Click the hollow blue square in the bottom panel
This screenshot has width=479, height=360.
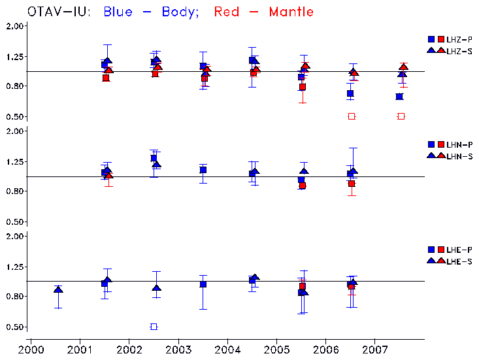[x=154, y=327]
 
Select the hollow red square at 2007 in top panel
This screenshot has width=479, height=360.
[x=401, y=116]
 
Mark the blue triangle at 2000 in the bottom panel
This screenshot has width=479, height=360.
[x=58, y=289]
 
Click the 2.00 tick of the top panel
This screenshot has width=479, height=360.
[x=15, y=25]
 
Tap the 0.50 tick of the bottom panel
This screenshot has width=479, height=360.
[x=15, y=327]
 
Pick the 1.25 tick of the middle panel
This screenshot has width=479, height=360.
[x=15, y=161]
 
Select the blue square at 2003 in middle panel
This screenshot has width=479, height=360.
[x=203, y=170]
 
